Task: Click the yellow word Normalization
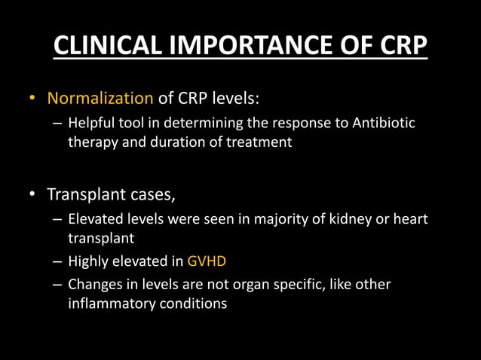(100, 98)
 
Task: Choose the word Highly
(88, 262)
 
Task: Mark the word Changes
(94, 285)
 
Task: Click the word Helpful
(92, 123)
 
